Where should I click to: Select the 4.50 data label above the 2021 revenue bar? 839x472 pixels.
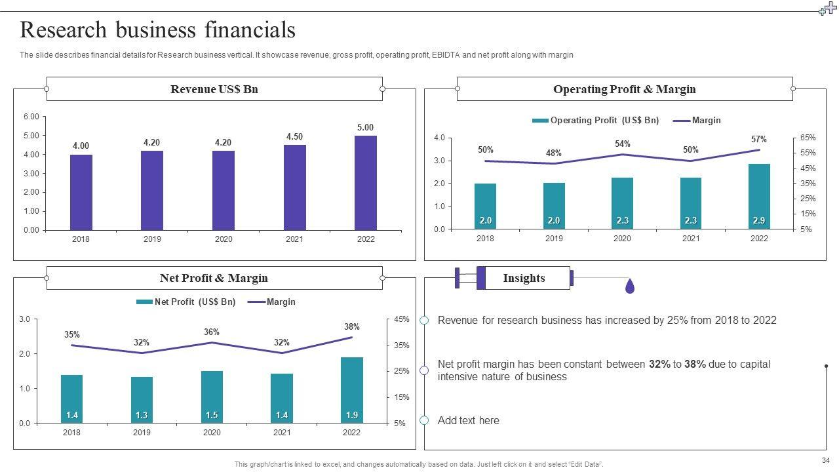click(x=294, y=137)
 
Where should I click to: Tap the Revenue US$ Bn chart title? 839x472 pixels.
click(x=214, y=89)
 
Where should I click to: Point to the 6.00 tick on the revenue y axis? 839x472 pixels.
click(x=31, y=117)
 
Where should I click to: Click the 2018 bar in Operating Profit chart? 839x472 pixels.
click(x=485, y=206)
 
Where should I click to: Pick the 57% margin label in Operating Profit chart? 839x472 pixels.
click(x=759, y=139)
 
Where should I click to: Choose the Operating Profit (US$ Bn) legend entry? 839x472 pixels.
click(x=596, y=121)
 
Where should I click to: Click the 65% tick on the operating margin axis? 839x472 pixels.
click(x=808, y=138)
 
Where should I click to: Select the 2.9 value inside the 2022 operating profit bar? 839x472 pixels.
click(x=759, y=221)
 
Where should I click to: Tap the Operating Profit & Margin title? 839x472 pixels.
click(x=624, y=89)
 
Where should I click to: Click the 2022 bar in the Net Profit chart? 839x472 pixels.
click(x=352, y=389)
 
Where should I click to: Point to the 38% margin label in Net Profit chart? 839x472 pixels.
click(x=352, y=326)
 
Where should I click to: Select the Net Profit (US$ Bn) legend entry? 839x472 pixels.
click(x=186, y=302)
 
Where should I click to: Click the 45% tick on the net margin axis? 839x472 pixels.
click(x=401, y=319)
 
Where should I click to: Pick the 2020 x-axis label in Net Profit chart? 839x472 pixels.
click(x=212, y=433)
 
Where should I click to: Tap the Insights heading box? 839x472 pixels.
click(x=524, y=278)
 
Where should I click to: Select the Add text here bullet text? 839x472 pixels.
click(x=468, y=421)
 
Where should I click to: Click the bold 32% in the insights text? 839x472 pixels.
click(x=659, y=364)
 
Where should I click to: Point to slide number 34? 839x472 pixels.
click(x=825, y=460)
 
